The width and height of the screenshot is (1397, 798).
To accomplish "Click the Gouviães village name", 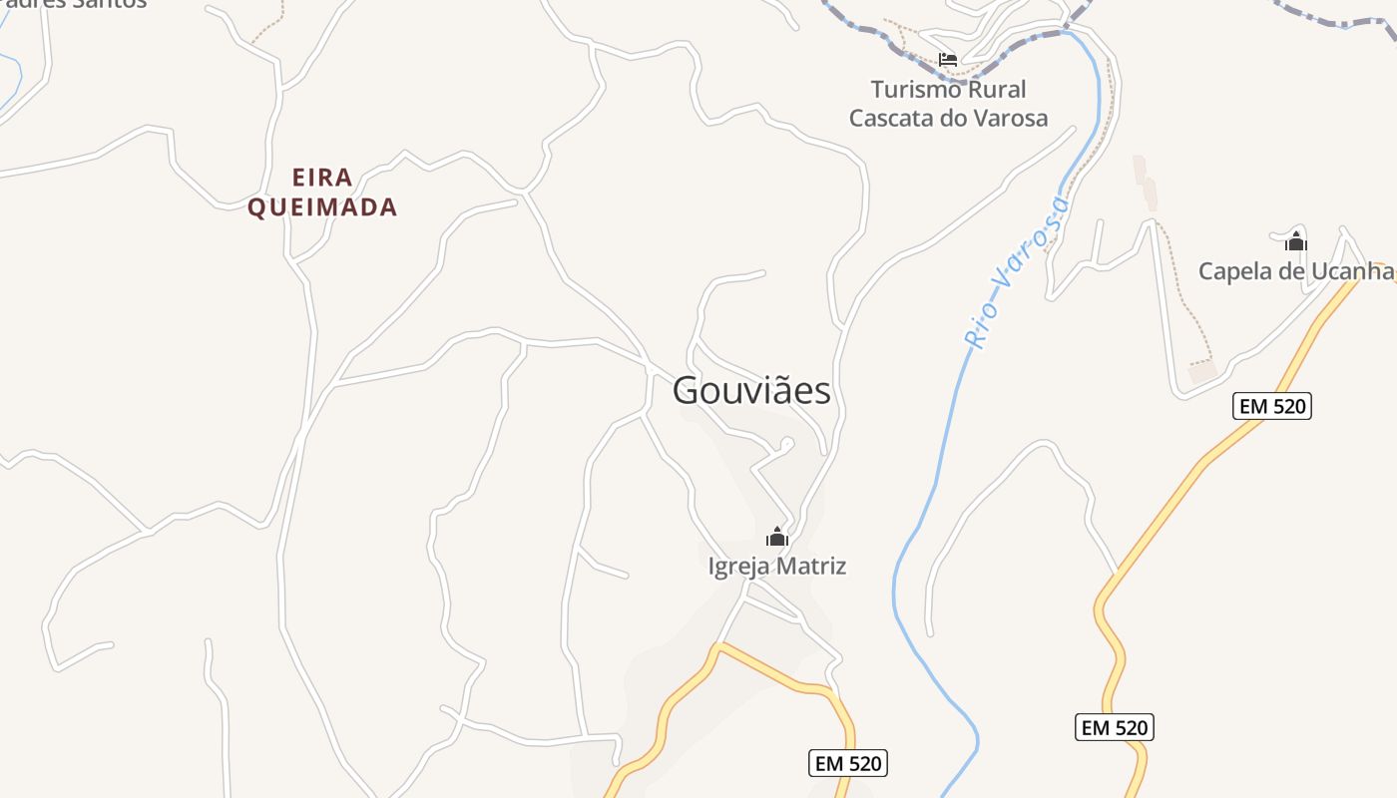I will pyautogui.click(x=751, y=390).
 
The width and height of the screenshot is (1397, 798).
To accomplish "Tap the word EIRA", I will pyautogui.click(x=322, y=178).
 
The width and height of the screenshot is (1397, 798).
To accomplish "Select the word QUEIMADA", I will pyautogui.click(x=322, y=207).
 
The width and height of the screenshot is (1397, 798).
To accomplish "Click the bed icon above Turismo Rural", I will pyautogui.click(x=948, y=60).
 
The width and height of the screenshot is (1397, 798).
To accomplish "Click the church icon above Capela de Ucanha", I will pyautogui.click(x=1295, y=241).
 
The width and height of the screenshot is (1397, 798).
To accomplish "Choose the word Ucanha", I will pyautogui.click(x=1356, y=271).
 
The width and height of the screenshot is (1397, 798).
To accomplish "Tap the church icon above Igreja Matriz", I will pyautogui.click(x=777, y=538).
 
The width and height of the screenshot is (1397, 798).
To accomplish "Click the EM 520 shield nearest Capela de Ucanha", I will pyautogui.click(x=1271, y=406).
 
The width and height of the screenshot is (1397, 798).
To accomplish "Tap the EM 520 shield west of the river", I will pyautogui.click(x=847, y=764).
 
